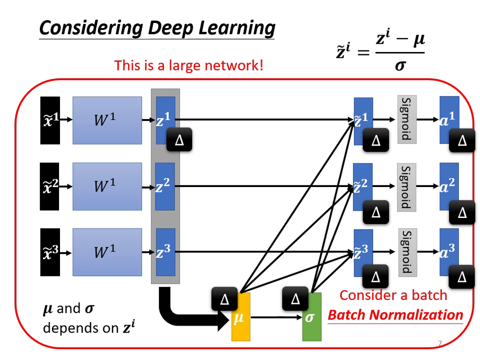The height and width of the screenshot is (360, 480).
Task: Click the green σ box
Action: pyautogui.click(x=311, y=320)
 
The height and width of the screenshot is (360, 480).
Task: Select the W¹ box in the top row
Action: pyautogui.click(x=107, y=120)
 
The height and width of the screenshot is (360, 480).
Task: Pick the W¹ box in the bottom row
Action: pyautogui.click(x=107, y=252)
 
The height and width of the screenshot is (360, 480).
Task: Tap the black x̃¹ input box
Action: pyautogui.click(x=50, y=120)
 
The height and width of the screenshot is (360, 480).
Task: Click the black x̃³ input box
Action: pyautogui.click(x=50, y=252)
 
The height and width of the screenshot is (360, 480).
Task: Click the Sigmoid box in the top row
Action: pyautogui.click(x=406, y=119)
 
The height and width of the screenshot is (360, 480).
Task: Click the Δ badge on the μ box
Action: pyautogui.click(x=224, y=299)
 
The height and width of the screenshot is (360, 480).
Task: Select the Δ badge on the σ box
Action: pyautogui.click(x=295, y=299)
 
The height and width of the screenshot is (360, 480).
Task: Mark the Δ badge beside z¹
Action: pyautogui.click(x=179, y=140)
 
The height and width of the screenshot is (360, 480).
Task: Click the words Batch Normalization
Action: pyautogui.click(x=395, y=315)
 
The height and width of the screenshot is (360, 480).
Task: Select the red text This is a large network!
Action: pyautogui.click(x=188, y=65)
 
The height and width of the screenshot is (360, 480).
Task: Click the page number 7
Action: pyautogui.click(x=440, y=343)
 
